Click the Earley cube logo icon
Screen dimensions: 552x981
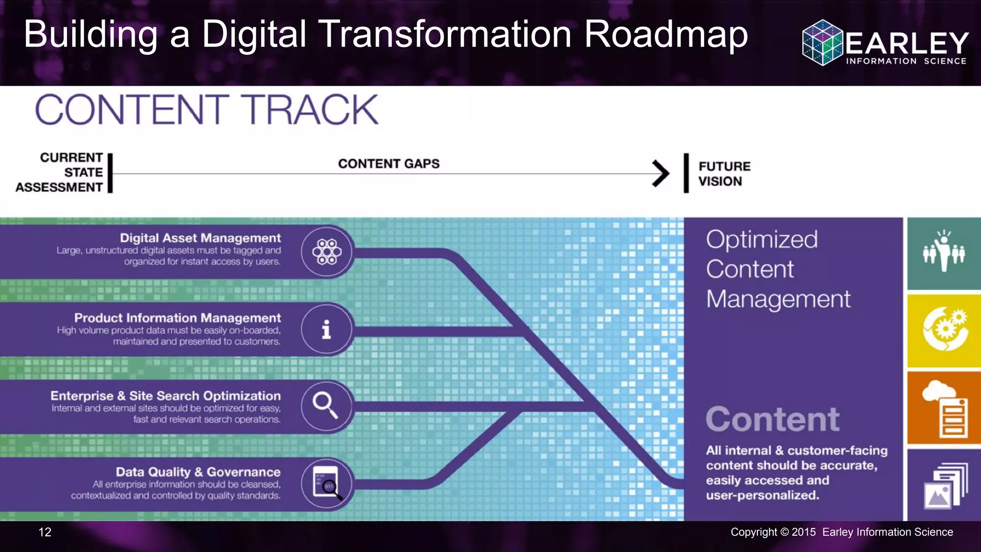tap(822, 42)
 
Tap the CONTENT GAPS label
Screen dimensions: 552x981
tap(388, 164)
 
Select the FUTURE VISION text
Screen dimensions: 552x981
tap(724, 174)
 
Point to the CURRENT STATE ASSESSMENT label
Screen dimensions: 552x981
tap(60, 172)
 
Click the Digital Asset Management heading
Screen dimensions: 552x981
tap(200, 238)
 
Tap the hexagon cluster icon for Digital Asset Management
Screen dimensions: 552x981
tap(327, 252)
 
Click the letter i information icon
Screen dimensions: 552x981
tap(327, 330)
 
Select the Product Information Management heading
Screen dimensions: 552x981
tap(177, 318)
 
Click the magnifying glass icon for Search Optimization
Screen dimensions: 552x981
tap(326, 405)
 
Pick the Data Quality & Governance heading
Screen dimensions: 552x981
tap(198, 472)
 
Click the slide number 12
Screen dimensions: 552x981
tap(45, 532)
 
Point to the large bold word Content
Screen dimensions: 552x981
tap(772, 420)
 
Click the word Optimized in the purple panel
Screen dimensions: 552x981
tap(762, 240)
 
